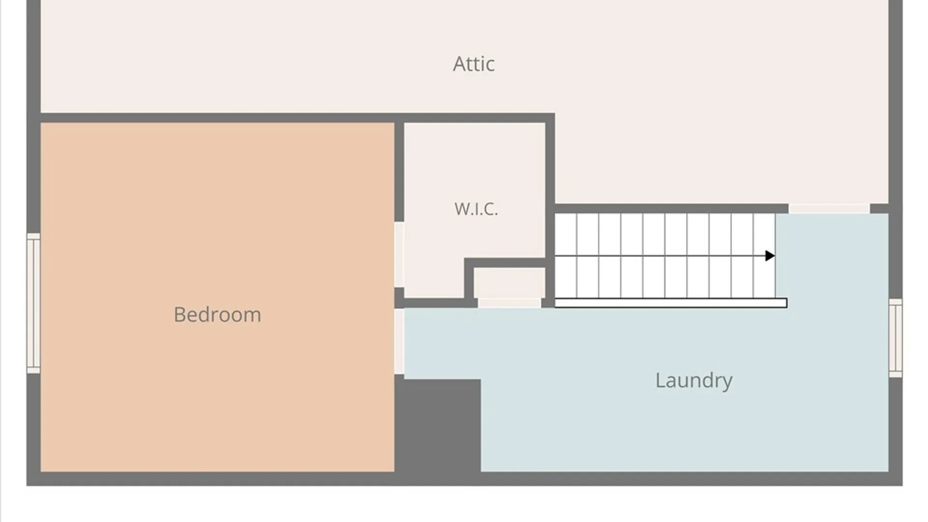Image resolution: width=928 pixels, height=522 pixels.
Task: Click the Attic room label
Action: tap(474, 64)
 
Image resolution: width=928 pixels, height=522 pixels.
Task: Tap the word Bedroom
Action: tap(217, 315)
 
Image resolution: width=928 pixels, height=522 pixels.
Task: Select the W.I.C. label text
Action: tap(476, 209)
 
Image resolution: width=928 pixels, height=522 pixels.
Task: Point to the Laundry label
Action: tap(694, 380)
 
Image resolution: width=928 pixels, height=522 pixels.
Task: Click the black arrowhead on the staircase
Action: tap(770, 256)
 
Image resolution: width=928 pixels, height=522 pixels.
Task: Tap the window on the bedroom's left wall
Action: tap(33, 303)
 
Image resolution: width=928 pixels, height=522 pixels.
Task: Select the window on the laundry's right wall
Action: tap(896, 338)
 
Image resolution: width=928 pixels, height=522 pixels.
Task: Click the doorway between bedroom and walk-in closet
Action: tap(399, 255)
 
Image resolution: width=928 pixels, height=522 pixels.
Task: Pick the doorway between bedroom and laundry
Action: tap(399, 342)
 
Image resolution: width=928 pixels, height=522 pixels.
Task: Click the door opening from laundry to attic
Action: tap(829, 209)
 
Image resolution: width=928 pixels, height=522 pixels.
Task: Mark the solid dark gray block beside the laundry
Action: tap(438, 425)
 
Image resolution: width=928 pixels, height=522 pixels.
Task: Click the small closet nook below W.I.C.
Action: tap(509, 283)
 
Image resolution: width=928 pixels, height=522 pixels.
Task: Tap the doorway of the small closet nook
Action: tap(509, 303)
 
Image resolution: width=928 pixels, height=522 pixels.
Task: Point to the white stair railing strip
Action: tap(671, 303)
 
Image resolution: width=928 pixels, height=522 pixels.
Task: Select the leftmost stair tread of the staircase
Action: tap(565, 256)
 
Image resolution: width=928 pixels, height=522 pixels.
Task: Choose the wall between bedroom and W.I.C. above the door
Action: tap(399, 172)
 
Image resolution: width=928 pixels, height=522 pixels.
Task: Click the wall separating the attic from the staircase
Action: tap(671, 209)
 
